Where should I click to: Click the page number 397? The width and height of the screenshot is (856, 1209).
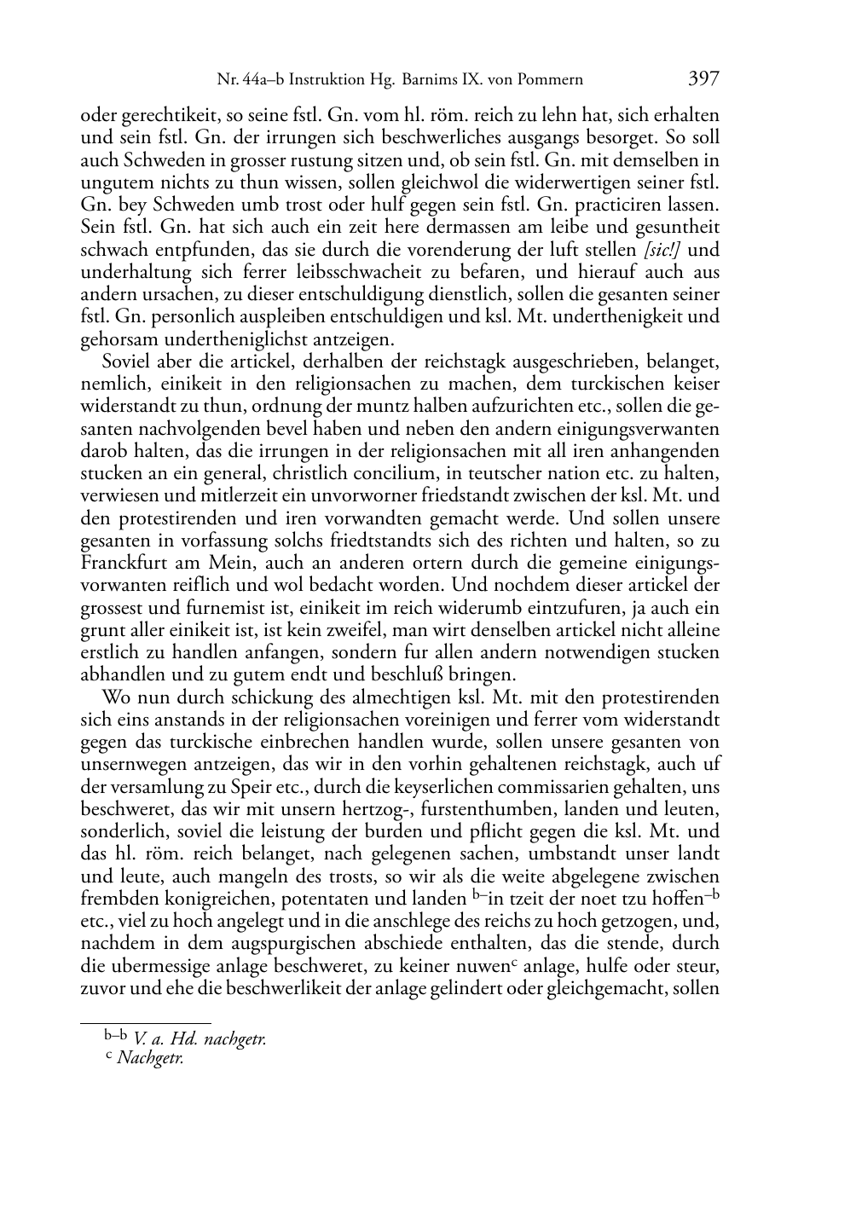(x=703, y=79)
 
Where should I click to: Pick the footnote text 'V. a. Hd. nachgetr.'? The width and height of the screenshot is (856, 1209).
(x=200, y=1038)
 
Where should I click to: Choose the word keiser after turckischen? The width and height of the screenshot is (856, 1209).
(x=693, y=384)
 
